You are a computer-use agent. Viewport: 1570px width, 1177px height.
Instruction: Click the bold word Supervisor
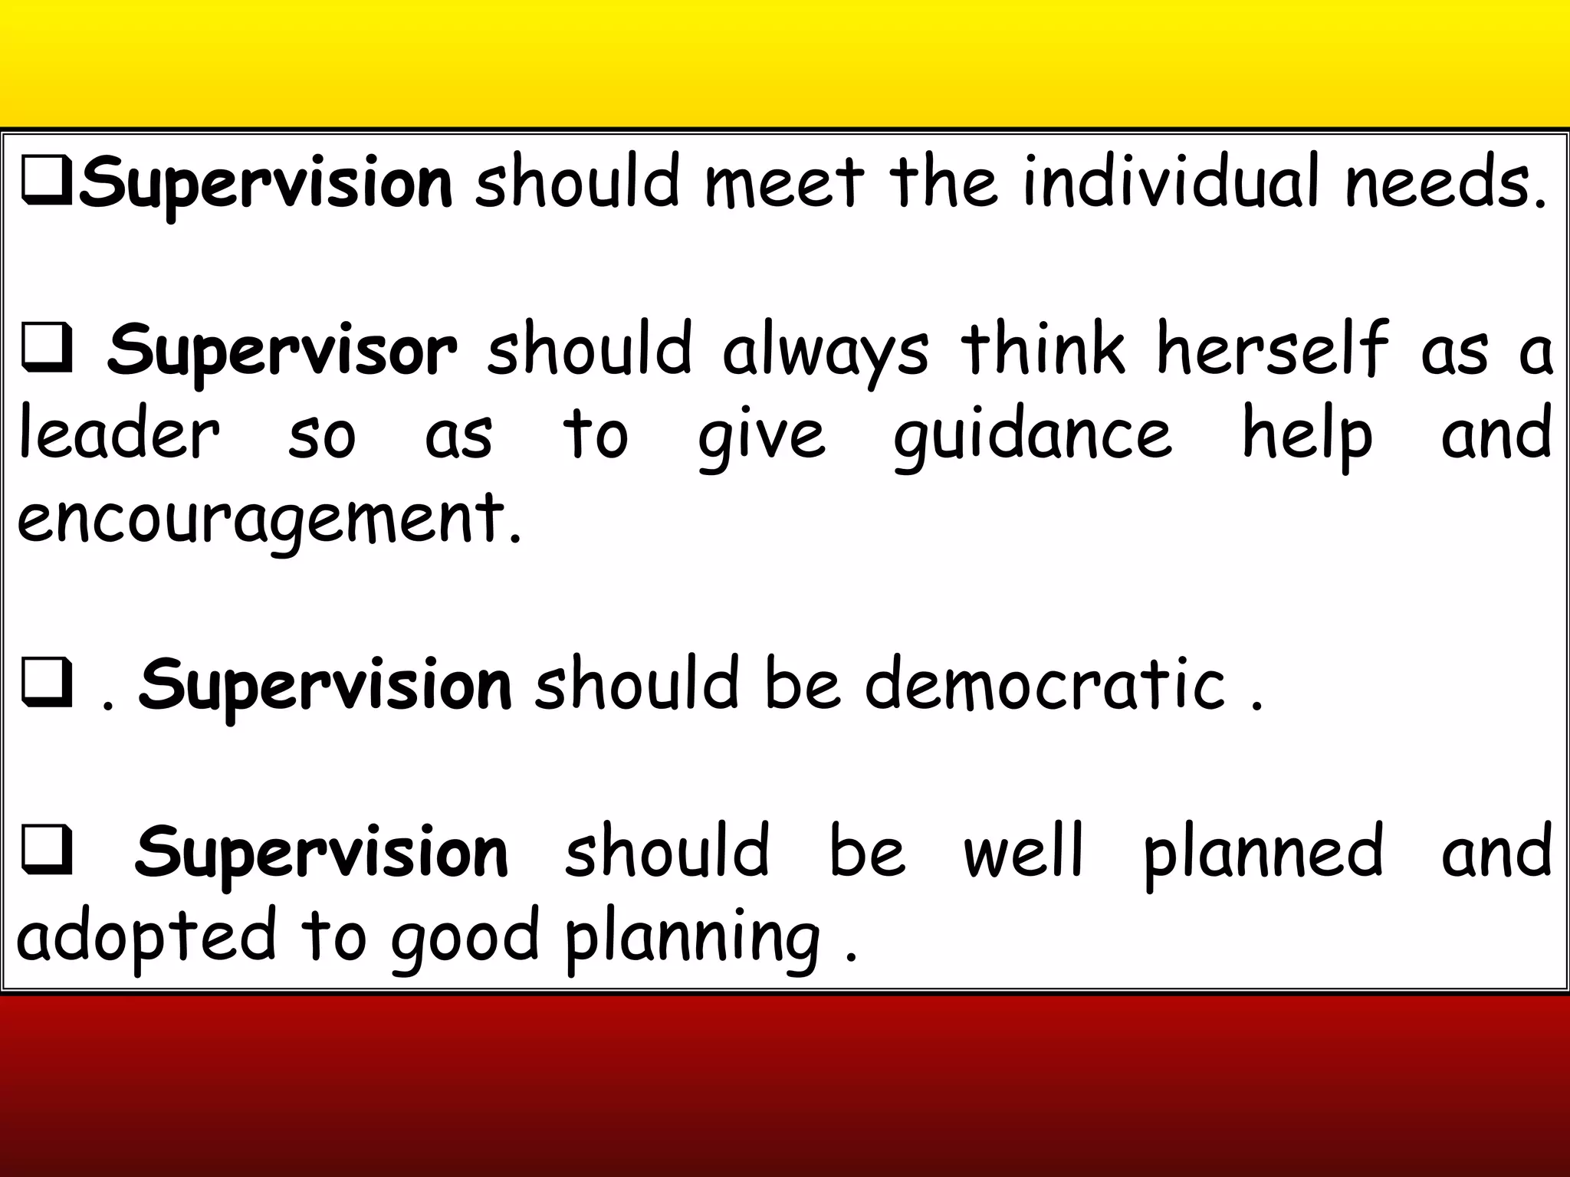point(282,351)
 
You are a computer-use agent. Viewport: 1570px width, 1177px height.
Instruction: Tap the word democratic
point(1045,684)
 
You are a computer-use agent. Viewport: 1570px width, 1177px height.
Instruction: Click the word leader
point(120,434)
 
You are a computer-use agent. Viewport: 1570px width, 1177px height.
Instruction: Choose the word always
point(825,351)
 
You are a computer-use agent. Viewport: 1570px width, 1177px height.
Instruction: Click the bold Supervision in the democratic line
point(325,684)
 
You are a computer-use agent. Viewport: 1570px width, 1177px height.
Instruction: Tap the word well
point(1024,851)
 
